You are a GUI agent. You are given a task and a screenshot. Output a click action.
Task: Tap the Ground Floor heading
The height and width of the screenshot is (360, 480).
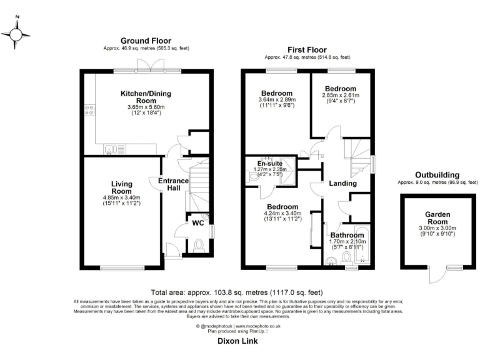[146, 40]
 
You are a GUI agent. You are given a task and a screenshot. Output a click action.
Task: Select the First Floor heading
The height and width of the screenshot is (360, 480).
[307, 50]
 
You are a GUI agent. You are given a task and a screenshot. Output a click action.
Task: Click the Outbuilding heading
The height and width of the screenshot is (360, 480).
[437, 175]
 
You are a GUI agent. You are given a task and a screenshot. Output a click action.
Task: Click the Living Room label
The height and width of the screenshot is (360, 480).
[122, 187]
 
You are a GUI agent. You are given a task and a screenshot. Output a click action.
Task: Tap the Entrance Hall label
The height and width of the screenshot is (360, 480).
[173, 184]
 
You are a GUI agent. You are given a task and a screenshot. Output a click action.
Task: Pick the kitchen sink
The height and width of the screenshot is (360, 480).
[111, 149]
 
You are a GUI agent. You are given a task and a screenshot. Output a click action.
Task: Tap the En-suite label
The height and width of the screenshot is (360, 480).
[270, 165]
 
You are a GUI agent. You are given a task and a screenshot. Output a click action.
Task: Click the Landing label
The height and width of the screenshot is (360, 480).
[342, 184]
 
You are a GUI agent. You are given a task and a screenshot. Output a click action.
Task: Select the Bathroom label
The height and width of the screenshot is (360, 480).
[347, 235]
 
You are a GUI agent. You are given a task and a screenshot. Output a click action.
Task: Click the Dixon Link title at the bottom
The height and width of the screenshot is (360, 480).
[238, 341]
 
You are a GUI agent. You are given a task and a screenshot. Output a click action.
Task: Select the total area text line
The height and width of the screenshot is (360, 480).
[237, 292]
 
